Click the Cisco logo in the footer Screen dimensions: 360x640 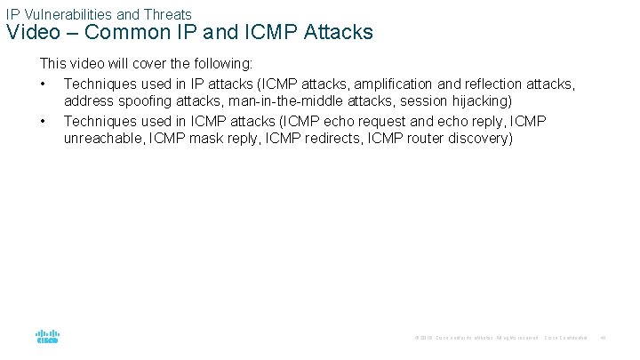[x=47, y=338]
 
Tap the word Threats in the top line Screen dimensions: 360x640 [x=168, y=14]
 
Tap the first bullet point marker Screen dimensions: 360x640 [x=43, y=83]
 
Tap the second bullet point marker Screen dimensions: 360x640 [x=43, y=120]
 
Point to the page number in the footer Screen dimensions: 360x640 [x=602, y=338]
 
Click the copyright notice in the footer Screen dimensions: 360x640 [x=476, y=338]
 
